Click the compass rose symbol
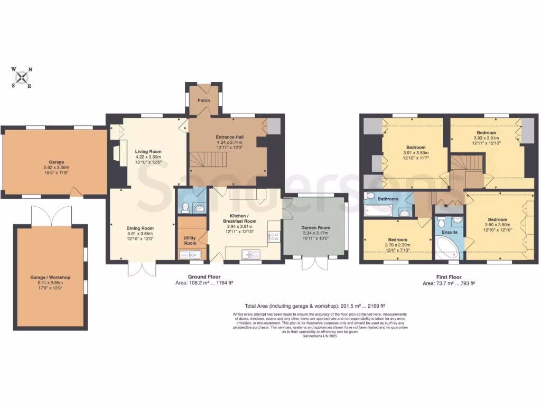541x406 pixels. click(22, 78)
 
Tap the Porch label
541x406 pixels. click(203, 100)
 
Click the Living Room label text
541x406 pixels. click(148, 151)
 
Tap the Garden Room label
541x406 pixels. click(315, 226)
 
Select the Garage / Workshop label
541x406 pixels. click(51, 277)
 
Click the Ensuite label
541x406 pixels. click(449, 232)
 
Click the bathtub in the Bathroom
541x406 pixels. click(377, 211)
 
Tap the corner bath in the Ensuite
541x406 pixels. click(447, 249)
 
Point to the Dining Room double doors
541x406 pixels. click(142, 268)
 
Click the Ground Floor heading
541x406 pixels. click(204, 276)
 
